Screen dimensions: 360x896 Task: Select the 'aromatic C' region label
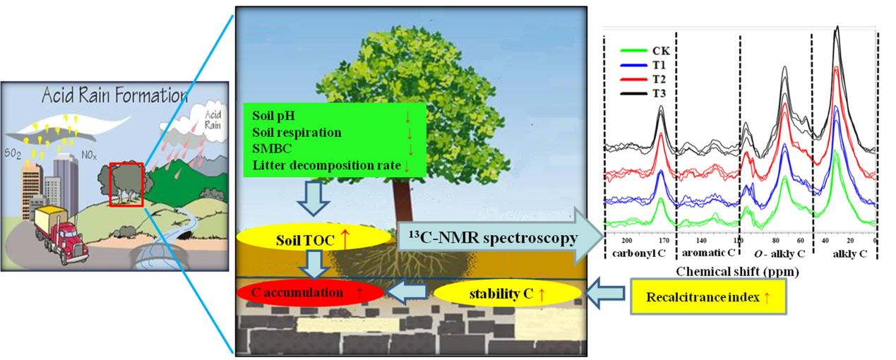[707, 253]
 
